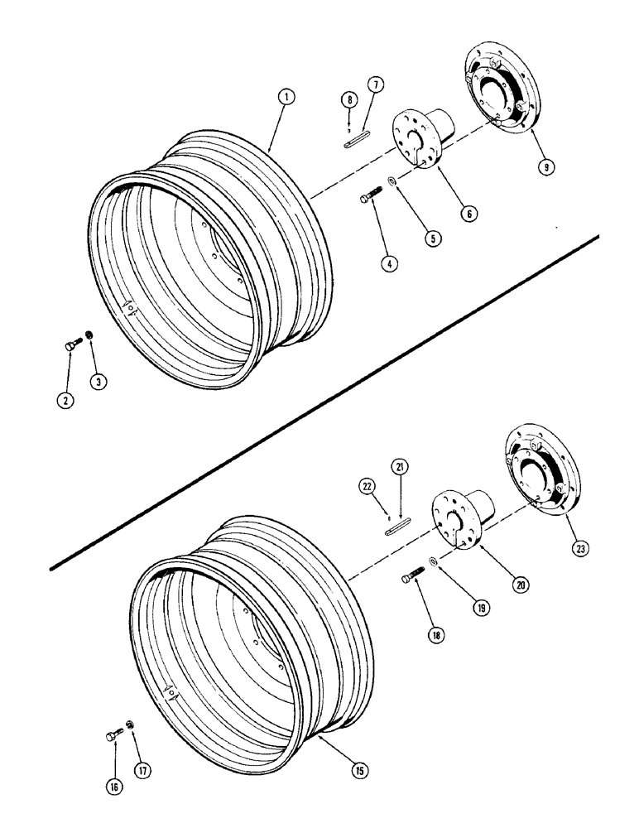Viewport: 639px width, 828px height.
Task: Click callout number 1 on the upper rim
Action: (x=285, y=98)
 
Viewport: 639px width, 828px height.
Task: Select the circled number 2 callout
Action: (x=66, y=401)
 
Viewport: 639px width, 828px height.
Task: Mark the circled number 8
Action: (x=350, y=102)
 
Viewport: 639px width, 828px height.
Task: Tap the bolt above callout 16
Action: (x=116, y=734)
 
